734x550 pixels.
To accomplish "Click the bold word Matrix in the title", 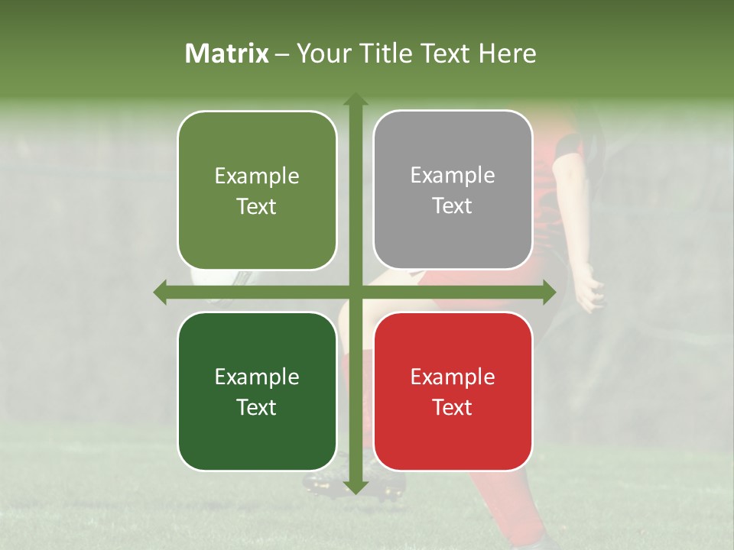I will (x=227, y=53).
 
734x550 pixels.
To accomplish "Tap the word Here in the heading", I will (x=507, y=53).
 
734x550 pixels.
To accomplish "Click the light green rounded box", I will (x=257, y=191).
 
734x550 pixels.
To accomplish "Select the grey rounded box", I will (x=453, y=190).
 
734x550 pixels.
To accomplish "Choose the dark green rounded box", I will (x=257, y=391).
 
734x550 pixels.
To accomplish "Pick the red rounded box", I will (x=453, y=391).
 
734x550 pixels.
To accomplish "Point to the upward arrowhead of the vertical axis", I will (x=355, y=99).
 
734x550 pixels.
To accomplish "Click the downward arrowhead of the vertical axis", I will (x=355, y=487).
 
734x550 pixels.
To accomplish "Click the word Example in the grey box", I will (x=453, y=176).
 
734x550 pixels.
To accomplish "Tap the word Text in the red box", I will (x=453, y=407).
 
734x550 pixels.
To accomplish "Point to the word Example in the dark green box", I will (x=257, y=377).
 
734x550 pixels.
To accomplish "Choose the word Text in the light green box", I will (x=257, y=207).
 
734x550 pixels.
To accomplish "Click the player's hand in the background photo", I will (x=589, y=291).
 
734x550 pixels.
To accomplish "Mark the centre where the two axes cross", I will (x=355, y=293).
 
